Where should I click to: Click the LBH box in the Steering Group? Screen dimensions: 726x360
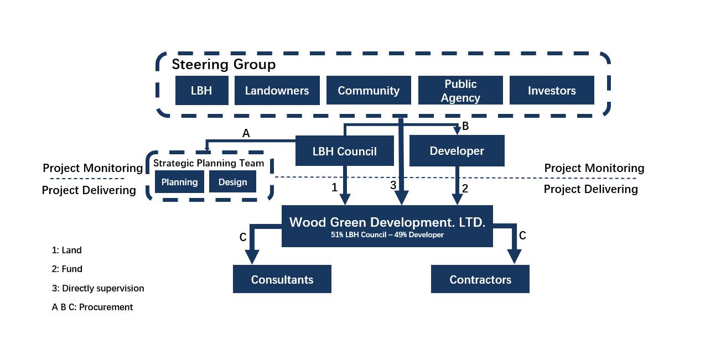coord(201,90)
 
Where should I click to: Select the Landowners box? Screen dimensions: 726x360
coord(277,90)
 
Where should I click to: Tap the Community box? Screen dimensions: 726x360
coord(369,90)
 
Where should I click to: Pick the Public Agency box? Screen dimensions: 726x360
coord(460,90)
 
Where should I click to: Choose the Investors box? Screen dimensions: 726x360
coord(552,90)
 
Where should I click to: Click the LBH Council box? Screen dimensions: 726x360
coord(345,150)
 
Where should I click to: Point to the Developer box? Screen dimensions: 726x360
coord(457,150)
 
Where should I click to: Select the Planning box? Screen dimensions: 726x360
coord(179,182)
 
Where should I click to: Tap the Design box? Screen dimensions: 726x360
coord(233,182)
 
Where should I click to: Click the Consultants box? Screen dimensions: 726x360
coord(282,279)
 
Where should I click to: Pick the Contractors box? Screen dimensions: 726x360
coord(480,279)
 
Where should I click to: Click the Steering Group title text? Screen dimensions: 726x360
coord(224,65)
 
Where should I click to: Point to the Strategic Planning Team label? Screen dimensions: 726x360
coord(209,163)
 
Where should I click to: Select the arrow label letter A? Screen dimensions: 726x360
coord(246,133)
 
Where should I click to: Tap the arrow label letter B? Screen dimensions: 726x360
coord(465,126)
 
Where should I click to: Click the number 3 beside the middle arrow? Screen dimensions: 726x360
coord(393,185)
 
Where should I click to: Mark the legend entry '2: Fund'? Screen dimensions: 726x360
coord(67,269)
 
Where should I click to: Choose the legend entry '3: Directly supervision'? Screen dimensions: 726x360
coord(98,288)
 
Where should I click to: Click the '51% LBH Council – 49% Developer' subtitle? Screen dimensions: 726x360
coord(387,234)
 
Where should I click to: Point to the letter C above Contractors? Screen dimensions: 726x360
coord(522,236)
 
